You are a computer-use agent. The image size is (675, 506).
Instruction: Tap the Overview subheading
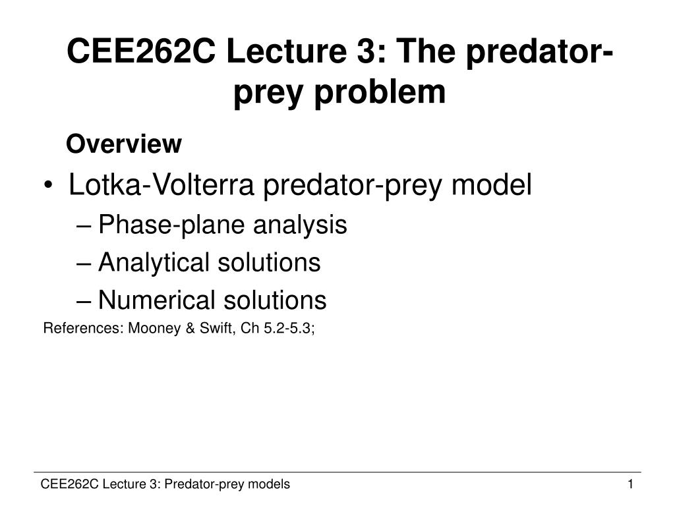124,143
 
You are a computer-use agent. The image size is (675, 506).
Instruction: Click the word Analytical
151,263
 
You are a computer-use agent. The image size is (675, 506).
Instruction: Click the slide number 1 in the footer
630,485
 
